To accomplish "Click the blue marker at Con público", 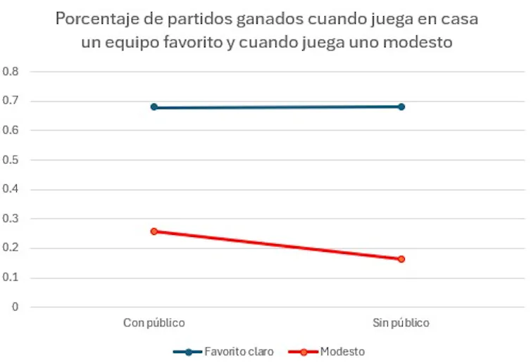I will (154, 107).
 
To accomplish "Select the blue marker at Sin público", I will (401, 106).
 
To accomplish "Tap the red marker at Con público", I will (154, 231).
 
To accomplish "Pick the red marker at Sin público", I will (401, 259).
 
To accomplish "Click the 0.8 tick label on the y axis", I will (11, 72).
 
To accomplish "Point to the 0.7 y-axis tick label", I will (11, 101).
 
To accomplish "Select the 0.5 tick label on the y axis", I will (11, 160).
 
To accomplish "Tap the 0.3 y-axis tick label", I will (11, 219).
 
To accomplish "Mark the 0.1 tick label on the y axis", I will (11, 278).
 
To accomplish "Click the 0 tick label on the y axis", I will (15, 307).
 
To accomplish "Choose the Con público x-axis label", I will (154, 323).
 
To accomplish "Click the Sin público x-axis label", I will (401, 323).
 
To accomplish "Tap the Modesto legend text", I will (342, 351).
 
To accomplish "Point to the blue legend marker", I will (188, 351).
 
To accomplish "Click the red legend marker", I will (304, 351).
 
